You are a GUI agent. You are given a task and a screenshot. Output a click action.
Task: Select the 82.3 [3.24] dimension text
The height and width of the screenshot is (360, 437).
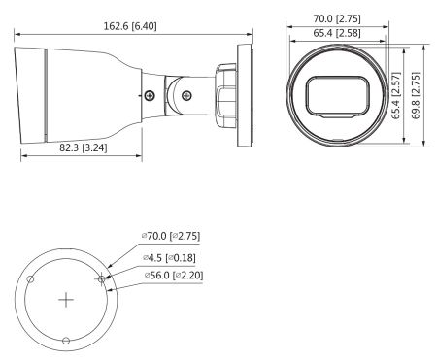[82, 148]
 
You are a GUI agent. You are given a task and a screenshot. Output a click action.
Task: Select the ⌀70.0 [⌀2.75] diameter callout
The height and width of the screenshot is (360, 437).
[172, 236]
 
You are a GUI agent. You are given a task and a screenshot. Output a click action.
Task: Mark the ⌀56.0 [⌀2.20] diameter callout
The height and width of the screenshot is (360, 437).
[173, 275]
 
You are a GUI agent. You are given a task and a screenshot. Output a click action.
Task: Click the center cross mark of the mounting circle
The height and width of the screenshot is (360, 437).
[65, 299]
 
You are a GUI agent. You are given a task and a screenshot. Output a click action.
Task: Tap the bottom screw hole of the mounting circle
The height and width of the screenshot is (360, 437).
[65, 341]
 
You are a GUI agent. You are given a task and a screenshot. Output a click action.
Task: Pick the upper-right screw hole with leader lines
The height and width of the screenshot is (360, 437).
[101, 278]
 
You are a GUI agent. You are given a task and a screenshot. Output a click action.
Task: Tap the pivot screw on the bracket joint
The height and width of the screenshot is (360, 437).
[185, 95]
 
